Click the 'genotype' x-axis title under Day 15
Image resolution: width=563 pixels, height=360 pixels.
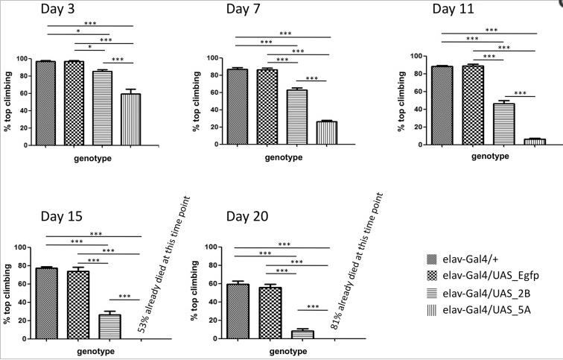pyautogui.click(x=89, y=350)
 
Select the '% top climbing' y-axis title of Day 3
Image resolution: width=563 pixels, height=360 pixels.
pyautogui.click(x=8, y=101)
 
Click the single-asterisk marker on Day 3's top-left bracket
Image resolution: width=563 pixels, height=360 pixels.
pyautogui.click(x=77, y=32)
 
